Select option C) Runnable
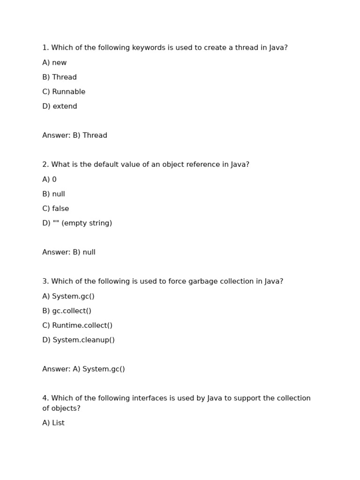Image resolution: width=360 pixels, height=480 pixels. click(x=64, y=92)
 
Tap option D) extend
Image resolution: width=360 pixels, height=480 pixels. click(x=60, y=106)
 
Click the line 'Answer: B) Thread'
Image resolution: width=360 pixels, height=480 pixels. click(x=75, y=135)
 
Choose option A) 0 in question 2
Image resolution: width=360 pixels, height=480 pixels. click(x=49, y=180)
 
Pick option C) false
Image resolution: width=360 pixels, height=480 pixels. click(x=55, y=209)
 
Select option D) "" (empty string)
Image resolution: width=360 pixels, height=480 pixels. click(x=77, y=223)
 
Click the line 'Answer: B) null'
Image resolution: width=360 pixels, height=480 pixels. click(x=69, y=252)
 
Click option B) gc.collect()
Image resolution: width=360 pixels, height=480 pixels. click(x=67, y=311)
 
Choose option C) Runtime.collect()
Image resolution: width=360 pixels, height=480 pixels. click(x=77, y=325)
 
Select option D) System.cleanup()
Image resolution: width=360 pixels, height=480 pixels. click(x=78, y=340)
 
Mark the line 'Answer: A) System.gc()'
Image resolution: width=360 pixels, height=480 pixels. click(x=83, y=369)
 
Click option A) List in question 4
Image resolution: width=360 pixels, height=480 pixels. click(x=53, y=423)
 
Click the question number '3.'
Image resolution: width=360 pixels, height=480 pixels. click(x=45, y=281)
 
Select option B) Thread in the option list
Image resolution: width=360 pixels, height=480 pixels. click(x=60, y=77)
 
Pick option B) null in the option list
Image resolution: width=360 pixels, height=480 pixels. click(x=53, y=194)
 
